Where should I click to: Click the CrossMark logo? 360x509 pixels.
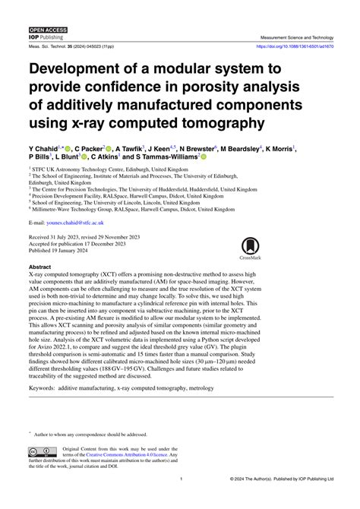click(x=249, y=248)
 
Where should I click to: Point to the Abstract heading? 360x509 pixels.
click(x=40, y=267)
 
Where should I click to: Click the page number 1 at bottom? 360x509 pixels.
click(x=180, y=480)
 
